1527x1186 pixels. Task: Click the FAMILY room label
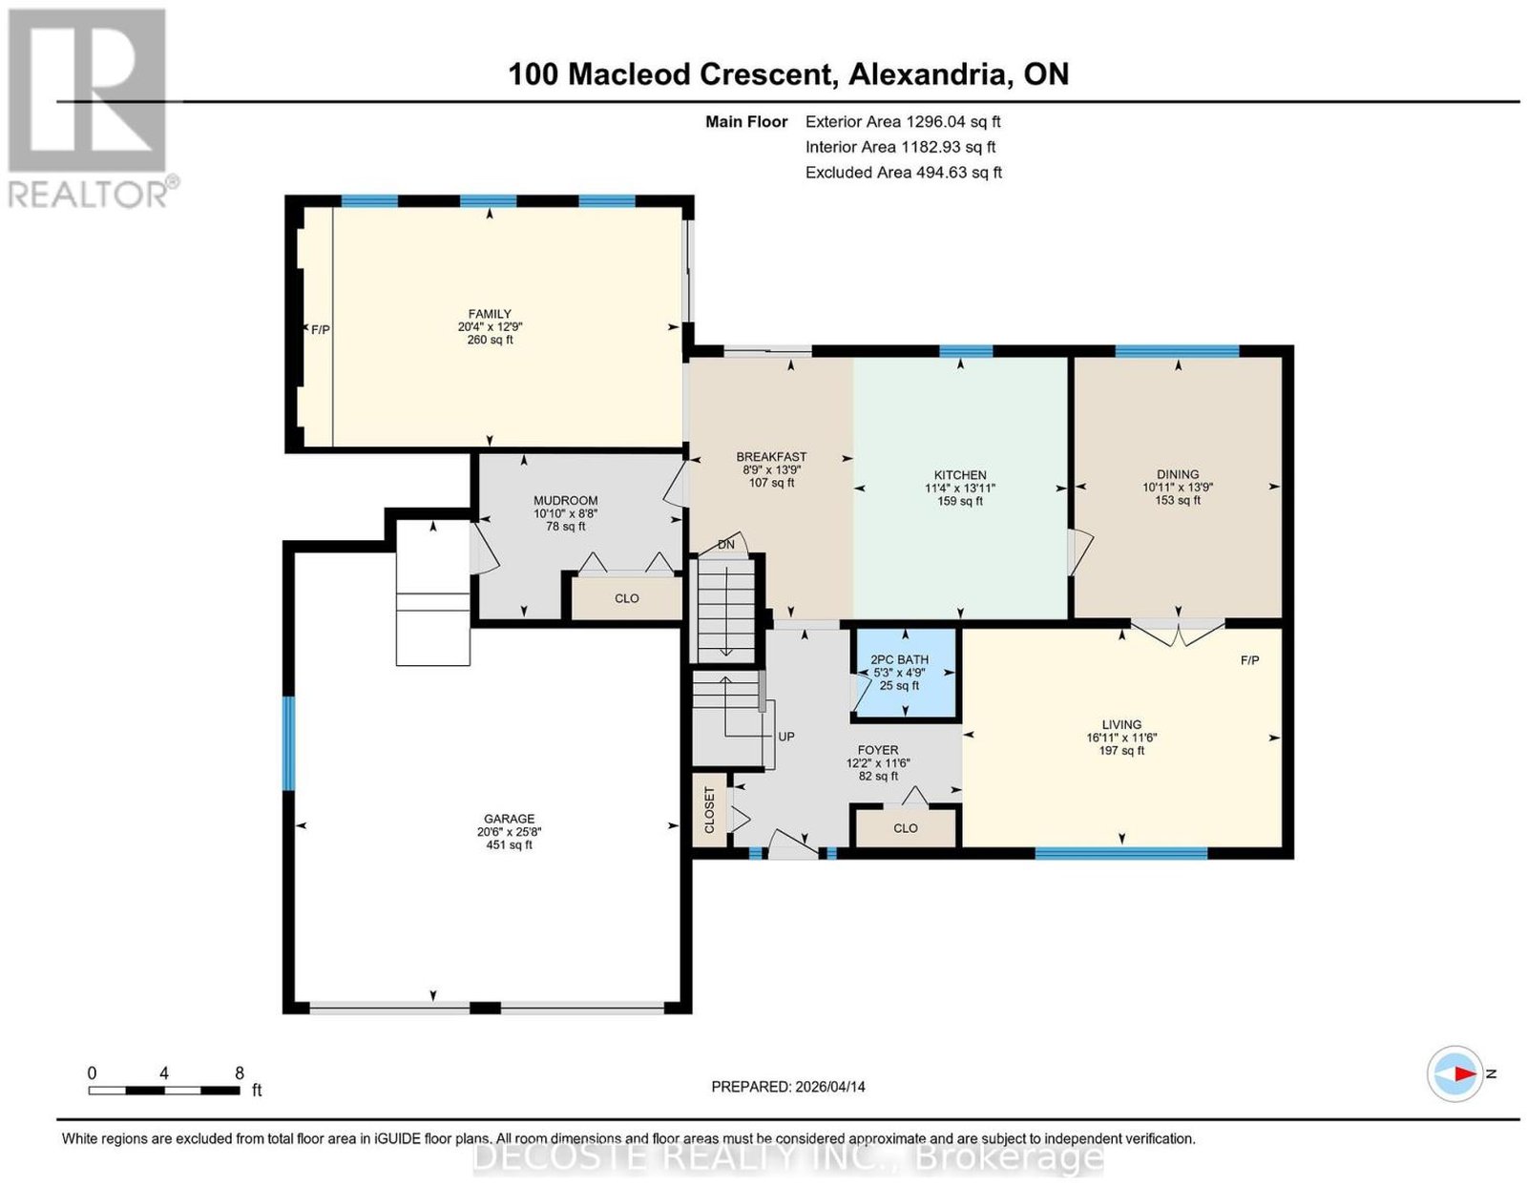coord(490,314)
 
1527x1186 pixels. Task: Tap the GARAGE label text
coord(509,819)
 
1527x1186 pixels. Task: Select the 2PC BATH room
coord(905,674)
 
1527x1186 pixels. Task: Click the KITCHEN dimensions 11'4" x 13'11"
coord(960,488)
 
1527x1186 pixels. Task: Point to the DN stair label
coord(726,545)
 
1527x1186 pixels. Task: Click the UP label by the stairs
coord(785,737)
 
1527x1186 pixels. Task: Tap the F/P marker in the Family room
coord(321,329)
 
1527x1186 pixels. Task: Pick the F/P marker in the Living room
coord(1249,660)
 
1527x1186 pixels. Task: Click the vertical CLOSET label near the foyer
coord(709,810)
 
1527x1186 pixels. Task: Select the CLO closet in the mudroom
coord(627,598)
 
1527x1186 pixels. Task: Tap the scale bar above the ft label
coord(164,1091)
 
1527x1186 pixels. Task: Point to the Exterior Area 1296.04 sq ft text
coord(903,121)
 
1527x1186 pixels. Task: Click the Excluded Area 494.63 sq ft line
coord(904,172)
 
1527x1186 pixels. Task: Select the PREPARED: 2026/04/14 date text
coord(788,1086)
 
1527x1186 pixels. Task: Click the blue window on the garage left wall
coord(288,742)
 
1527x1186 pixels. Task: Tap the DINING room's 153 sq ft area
coord(1178,500)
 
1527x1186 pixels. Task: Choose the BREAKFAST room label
coord(771,456)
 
